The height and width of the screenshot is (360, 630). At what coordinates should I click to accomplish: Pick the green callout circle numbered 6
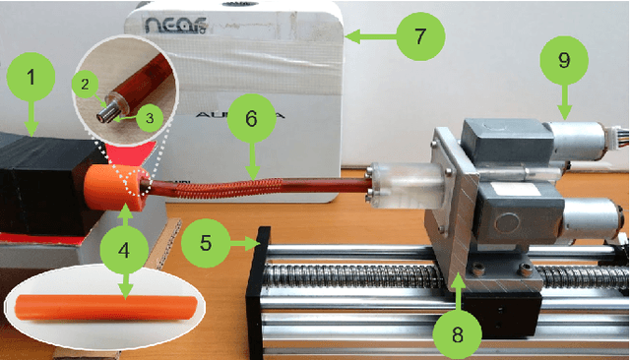click(x=251, y=119)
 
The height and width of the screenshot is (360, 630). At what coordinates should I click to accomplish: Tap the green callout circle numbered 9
click(x=563, y=59)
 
